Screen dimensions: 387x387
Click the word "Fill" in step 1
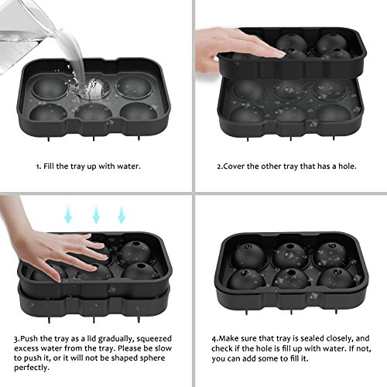pos(49,166)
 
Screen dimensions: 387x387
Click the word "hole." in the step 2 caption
pos(348,166)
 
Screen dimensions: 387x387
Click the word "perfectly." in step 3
pos(32,368)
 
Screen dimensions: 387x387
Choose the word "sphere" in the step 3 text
pos(152,358)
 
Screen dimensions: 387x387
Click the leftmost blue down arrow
pos(68,214)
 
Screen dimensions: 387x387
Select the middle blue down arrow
pos(96,214)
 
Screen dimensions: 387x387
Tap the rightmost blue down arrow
pos(122,214)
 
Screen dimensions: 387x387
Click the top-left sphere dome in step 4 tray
pos(249,256)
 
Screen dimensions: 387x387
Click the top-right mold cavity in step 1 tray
pos(134,87)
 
